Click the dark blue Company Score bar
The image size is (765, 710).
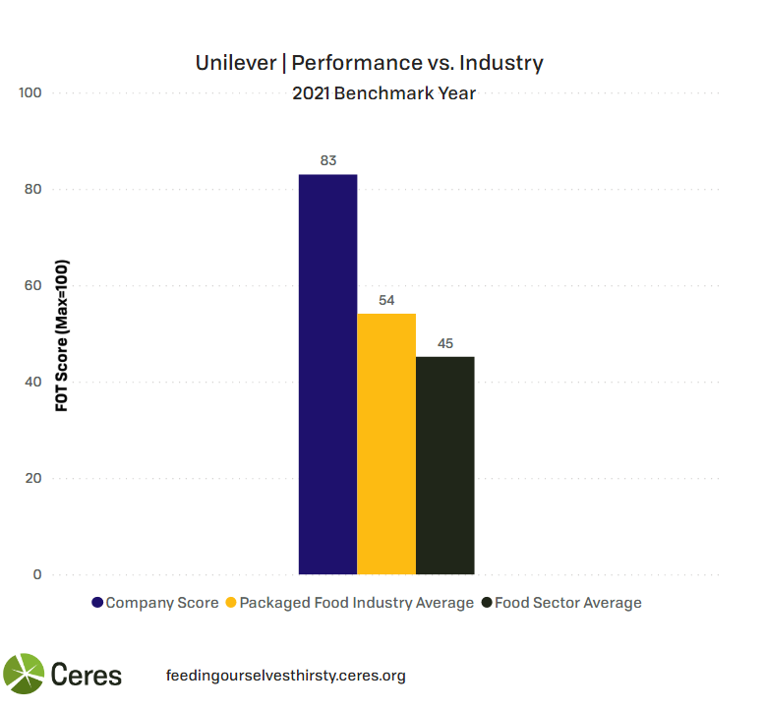(x=327, y=374)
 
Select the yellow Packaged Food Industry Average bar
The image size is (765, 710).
(x=386, y=444)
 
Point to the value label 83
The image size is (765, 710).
(x=328, y=160)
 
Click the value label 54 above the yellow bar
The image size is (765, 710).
(x=386, y=300)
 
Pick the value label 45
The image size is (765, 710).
(x=444, y=343)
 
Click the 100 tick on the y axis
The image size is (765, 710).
(x=29, y=93)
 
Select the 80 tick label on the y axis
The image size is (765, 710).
(x=32, y=190)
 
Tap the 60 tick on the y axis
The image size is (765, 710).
(x=32, y=286)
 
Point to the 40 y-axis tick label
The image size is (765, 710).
(x=32, y=383)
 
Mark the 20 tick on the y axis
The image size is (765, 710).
(x=32, y=479)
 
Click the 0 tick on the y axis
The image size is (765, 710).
(x=37, y=575)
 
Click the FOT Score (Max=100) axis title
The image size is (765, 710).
(x=61, y=334)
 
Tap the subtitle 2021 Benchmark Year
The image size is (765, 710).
(x=383, y=94)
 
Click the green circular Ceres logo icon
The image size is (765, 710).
(x=24, y=675)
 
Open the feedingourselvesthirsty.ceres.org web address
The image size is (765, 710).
(x=286, y=676)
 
